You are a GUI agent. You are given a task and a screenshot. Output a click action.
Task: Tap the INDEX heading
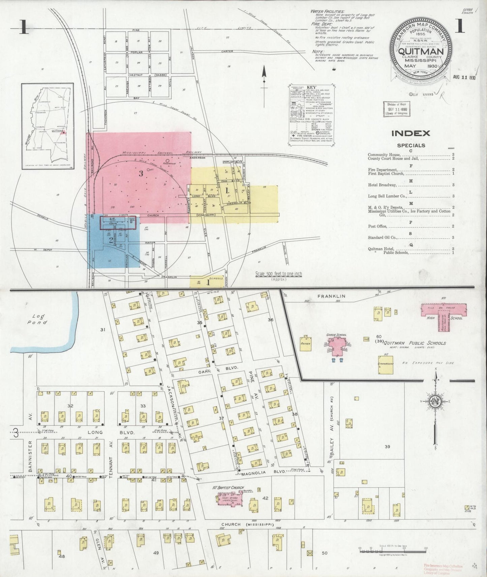point(410,133)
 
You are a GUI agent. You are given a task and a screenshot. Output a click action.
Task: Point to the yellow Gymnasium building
point(386,364)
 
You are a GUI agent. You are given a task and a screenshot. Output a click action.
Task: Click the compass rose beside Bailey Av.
point(435,401)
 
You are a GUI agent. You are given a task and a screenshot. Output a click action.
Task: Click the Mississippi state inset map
point(47,126)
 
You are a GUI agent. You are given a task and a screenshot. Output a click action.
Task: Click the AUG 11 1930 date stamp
point(464,77)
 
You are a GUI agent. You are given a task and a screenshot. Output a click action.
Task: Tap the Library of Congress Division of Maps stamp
point(396,109)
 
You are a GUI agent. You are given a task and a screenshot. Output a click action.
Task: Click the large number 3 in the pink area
point(141,174)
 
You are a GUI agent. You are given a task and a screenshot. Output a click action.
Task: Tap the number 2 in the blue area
point(111,240)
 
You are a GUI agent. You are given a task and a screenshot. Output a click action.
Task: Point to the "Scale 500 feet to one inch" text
point(278,274)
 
